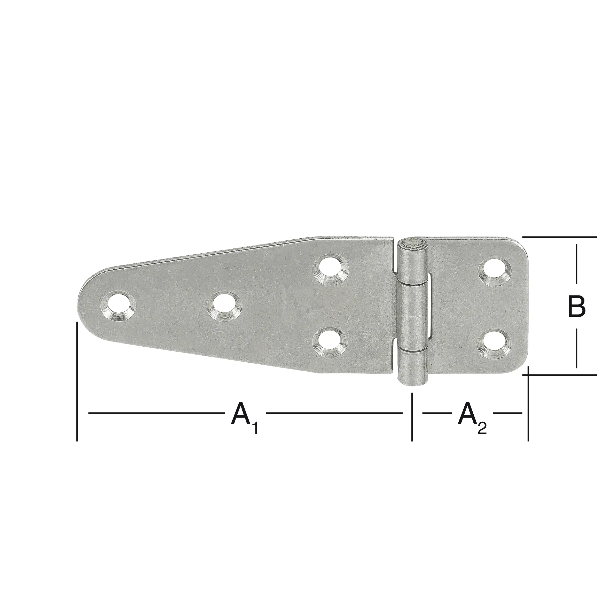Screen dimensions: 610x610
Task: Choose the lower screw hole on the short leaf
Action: [495, 343]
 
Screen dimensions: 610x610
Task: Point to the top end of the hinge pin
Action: [412, 243]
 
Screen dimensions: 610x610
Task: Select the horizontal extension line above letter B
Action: [559, 237]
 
